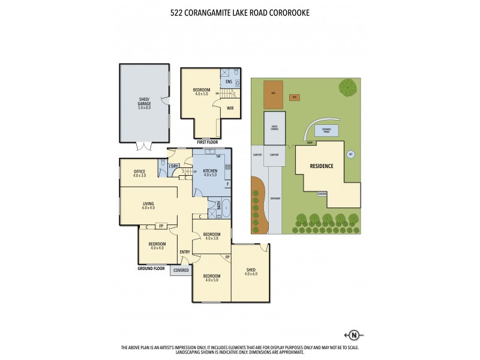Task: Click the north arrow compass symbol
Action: [353, 335]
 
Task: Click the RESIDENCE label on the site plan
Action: [321, 166]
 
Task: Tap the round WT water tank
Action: [350, 154]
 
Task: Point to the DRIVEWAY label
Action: [275, 198]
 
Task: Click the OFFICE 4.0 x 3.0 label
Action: [139, 173]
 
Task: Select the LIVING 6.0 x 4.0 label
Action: [148, 205]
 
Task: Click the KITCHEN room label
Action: [209, 172]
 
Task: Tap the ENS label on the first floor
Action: [229, 81]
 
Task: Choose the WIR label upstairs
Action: [230, 108]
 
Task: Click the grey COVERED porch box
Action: [181, 271]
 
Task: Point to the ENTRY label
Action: [185, 252]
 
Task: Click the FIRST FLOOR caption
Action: [209, 142]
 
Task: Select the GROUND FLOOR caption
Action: [152, 269]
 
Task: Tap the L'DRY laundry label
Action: [174, 166]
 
